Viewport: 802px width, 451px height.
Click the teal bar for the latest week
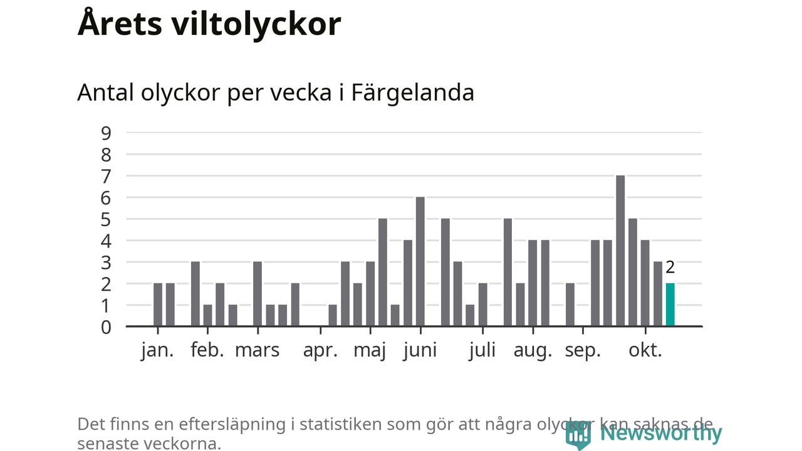coord(670,305)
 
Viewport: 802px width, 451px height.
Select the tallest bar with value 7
coord(620,251)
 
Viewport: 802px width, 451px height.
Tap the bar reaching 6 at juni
coord(420,262)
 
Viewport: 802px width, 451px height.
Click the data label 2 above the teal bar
coord(670,267)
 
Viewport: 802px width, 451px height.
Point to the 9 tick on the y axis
coord(106,133)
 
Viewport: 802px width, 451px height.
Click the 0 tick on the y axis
coord(106,327)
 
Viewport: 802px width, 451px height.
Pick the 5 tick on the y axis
coord(106,219)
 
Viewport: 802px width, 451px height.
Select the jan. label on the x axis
coord(157,350)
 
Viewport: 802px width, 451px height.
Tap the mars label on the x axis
coord(257,350)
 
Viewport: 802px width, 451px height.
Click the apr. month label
coord(320,350)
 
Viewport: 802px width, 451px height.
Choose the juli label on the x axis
coord(482,350)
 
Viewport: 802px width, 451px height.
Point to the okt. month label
coord(645,350)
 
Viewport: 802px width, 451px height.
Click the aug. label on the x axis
coord(533,350)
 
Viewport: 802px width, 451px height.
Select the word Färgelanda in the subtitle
coord(412,93)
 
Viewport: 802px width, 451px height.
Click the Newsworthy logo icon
coord(578,433)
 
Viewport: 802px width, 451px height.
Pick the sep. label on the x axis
coord(583,350)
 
